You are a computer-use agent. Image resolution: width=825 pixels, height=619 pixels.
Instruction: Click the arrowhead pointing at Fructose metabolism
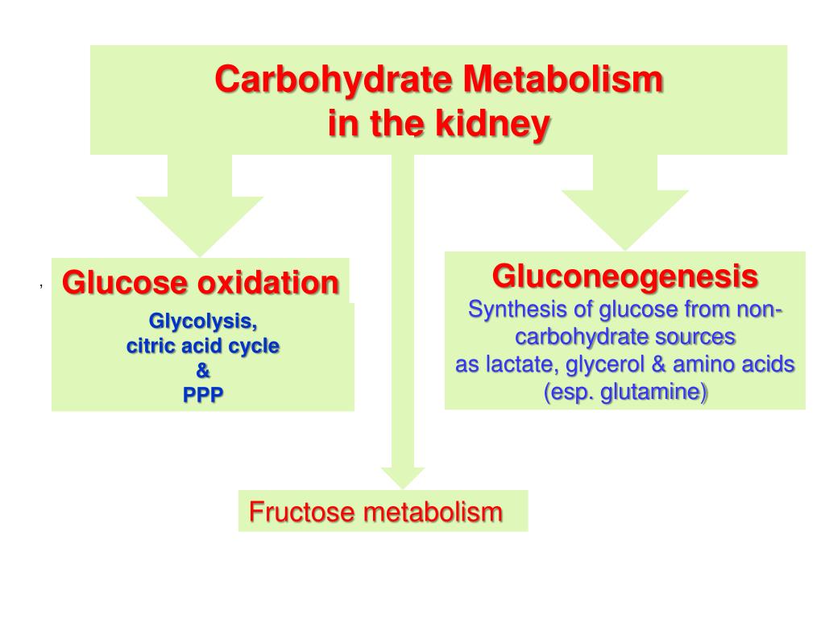402,476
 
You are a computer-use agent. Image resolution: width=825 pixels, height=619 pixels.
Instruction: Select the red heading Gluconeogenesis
624,276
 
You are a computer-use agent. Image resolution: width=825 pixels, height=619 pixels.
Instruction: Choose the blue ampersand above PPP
203,372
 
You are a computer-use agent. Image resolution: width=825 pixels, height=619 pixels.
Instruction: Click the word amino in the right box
703,364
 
